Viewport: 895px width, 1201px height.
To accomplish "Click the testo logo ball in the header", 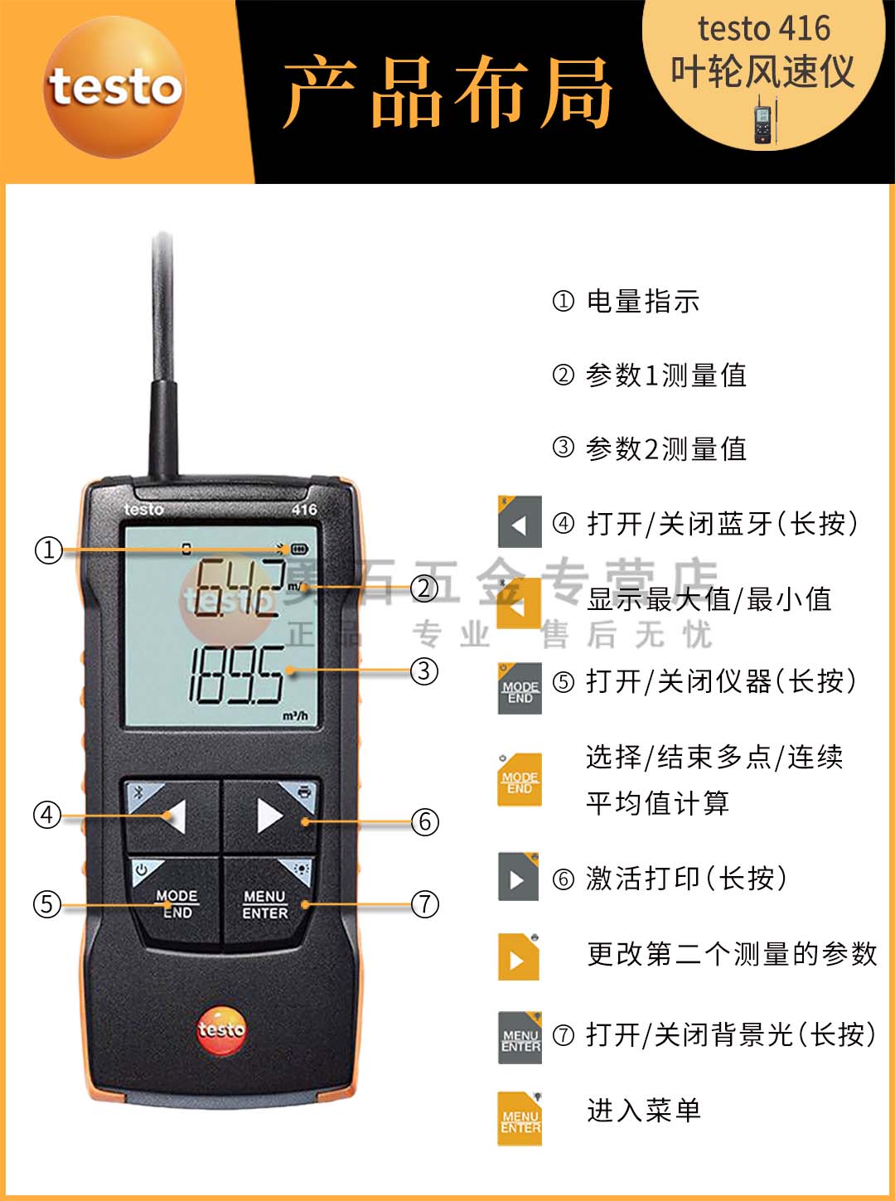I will [114, 87].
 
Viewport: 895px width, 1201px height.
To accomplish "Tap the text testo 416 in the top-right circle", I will [763, 29].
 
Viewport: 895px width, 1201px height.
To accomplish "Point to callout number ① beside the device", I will [48, 550].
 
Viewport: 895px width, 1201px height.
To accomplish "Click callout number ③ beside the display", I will [424, 671].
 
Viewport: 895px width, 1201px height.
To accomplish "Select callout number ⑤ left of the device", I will [47, 903].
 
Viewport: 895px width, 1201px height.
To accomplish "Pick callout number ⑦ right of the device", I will [425, 903].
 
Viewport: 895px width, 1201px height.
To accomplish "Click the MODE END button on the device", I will [177, 903].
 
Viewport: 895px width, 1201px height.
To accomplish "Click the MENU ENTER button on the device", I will [266, 903].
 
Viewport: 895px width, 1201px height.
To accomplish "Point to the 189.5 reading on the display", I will [237, 676].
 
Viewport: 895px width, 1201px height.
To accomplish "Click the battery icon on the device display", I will [298, 550].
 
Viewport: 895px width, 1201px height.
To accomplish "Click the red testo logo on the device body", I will [221, 1030].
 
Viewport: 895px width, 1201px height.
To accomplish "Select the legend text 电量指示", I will [642, 301].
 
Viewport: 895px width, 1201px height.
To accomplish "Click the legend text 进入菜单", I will [644, 1110].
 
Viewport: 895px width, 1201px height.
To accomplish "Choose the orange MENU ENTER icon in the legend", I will [520, 1120].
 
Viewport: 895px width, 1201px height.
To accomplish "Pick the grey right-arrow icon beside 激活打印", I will [518, 877].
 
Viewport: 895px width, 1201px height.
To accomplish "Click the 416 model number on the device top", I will [304, 509].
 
